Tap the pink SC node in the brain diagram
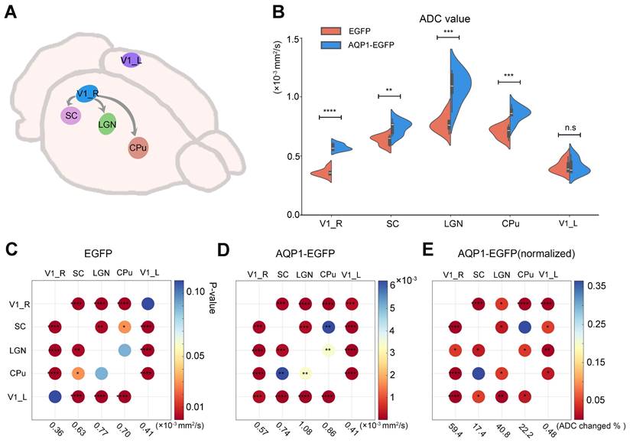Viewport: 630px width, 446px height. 72,116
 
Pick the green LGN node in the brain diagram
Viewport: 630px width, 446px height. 108,123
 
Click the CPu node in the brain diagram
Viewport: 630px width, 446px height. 139,147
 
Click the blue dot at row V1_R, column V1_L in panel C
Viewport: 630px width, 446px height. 148,304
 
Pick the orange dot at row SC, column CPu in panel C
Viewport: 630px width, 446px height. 125,327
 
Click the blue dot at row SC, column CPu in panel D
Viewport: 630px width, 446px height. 328,327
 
